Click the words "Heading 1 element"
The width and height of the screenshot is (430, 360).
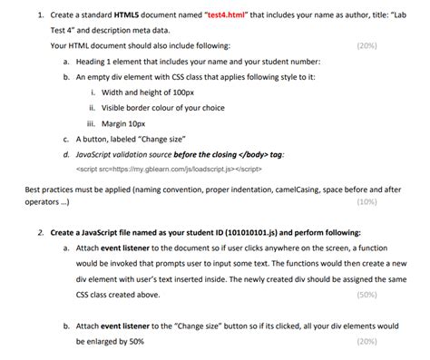[108, 62]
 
